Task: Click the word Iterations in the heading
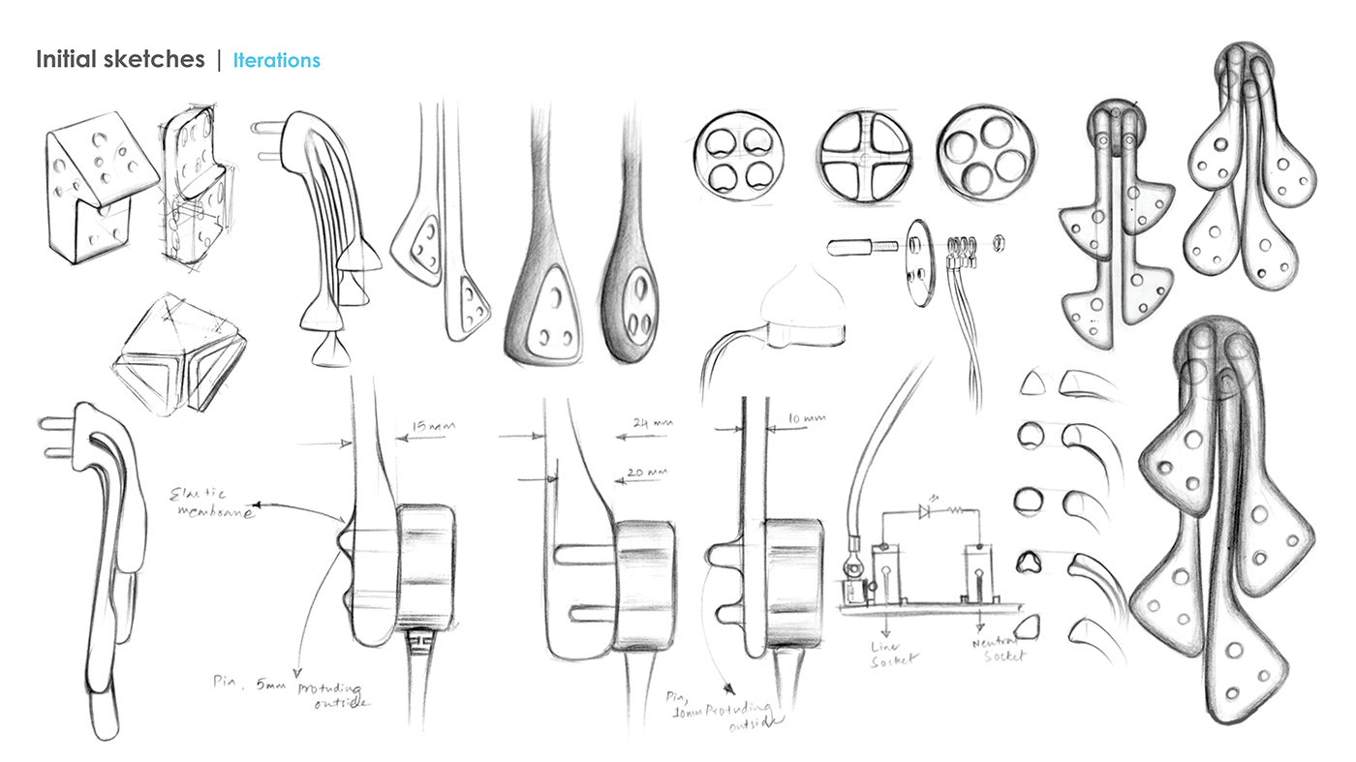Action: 276,60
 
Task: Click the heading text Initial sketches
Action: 120,60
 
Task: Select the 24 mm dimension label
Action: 650,423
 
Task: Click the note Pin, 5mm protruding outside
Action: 291,689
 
